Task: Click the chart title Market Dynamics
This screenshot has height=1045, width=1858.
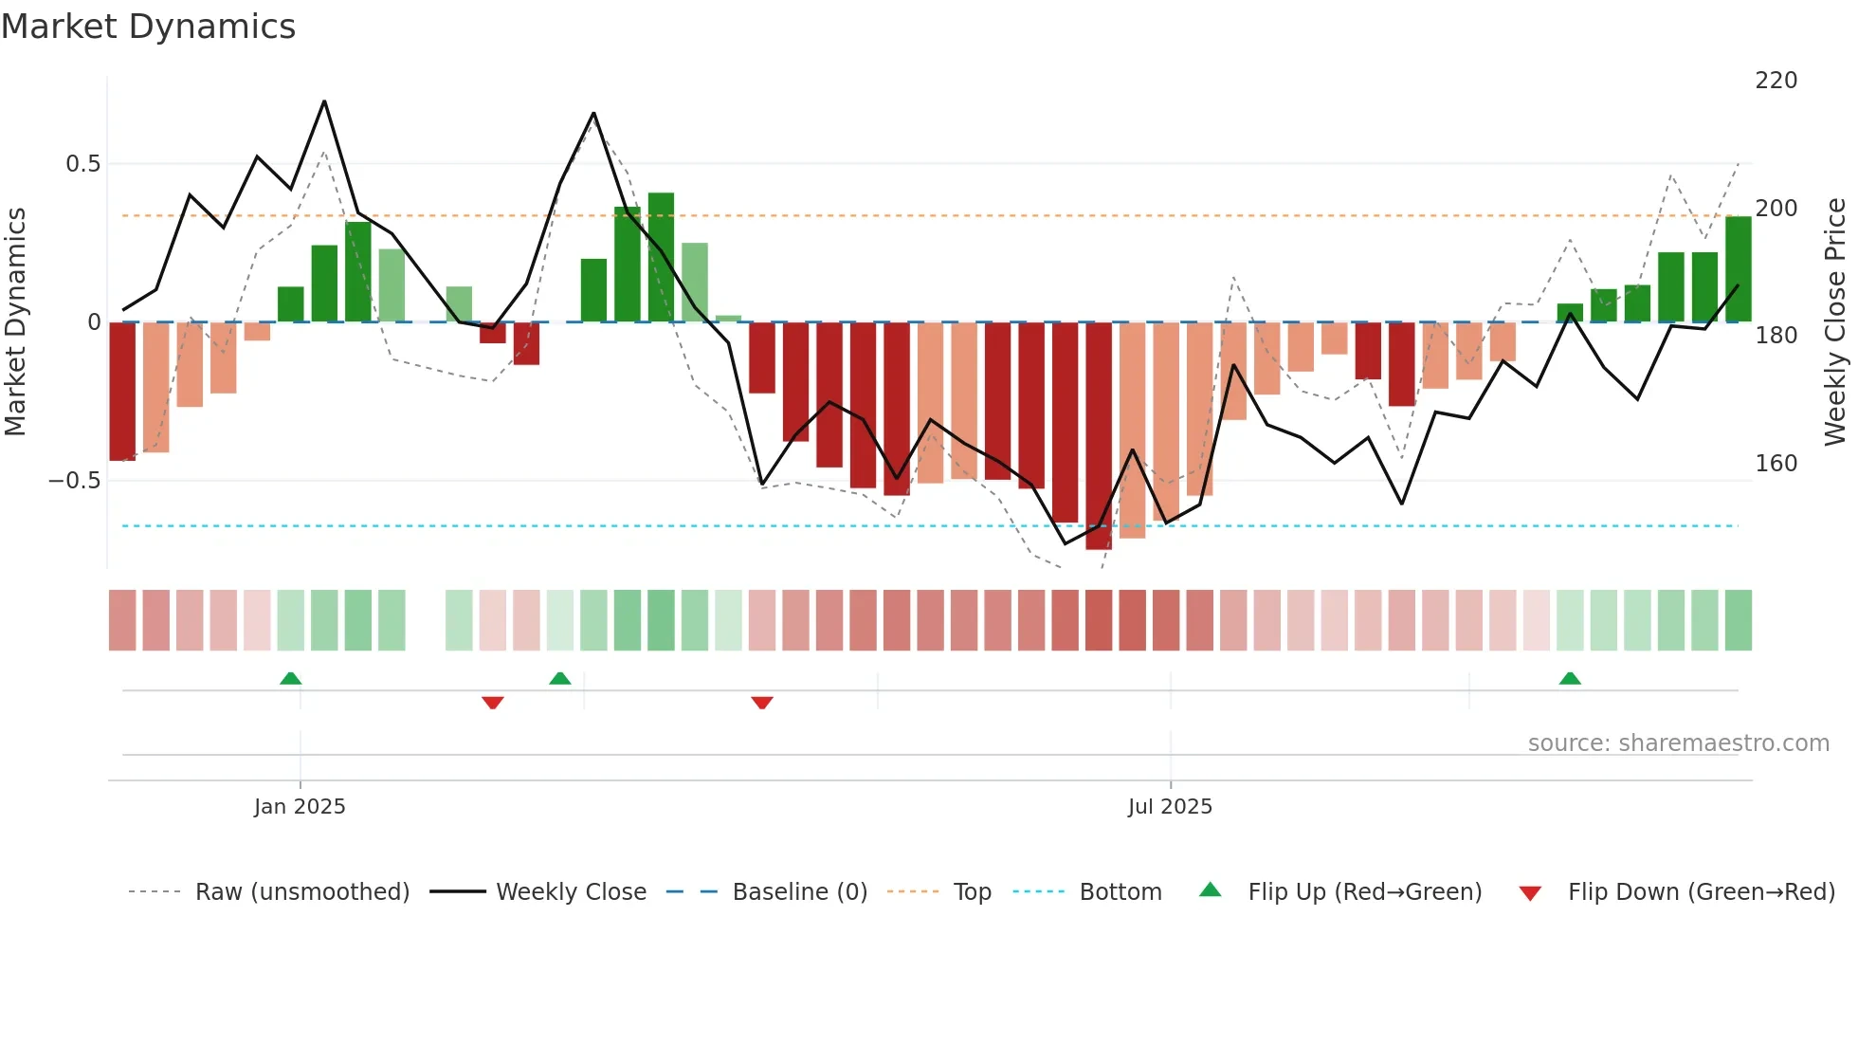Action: (148, 27)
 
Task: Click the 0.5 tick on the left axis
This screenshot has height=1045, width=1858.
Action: (82, 164)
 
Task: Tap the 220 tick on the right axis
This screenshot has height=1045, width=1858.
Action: (1776, 81)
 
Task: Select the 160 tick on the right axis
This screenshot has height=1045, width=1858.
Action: (1776, 464)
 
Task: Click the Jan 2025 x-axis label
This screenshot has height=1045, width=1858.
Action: (300, 807)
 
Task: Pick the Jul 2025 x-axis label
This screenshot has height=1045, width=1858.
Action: (1170, 807)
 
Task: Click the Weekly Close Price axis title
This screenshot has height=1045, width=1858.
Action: (1835, 322)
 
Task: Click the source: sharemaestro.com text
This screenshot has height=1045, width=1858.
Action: (1678, 743)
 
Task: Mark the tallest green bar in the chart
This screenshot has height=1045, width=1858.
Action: (661, 257)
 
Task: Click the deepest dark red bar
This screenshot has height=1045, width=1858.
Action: (1099, 436)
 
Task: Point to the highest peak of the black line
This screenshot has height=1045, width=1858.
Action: (324, 101)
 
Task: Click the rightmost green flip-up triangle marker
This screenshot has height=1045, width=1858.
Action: (1570, 678)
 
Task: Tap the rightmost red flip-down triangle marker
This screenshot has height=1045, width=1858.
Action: (762, 703)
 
